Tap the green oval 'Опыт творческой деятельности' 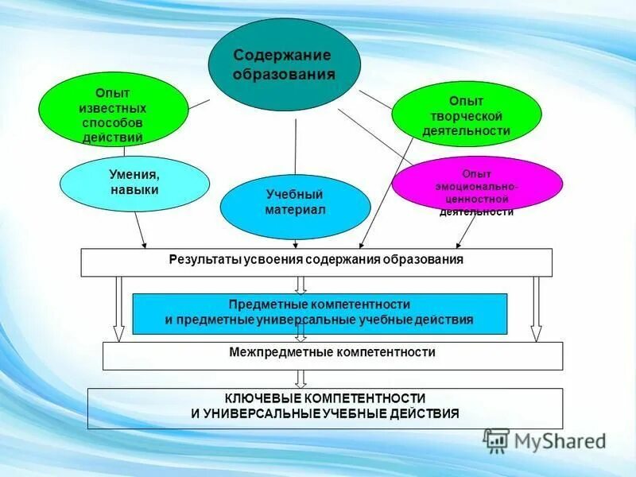[466, 116]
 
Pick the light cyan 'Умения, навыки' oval [134, 183]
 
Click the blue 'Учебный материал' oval [295, 202]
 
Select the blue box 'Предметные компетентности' [319, 312]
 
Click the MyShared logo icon [496, 440]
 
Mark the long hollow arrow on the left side [118, 309]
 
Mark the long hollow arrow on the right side [536, 309]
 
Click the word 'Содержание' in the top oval [282, 55]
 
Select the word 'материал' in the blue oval [295, 210]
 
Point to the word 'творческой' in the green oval [466, 116]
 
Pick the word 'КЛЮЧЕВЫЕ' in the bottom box [259, 397]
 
